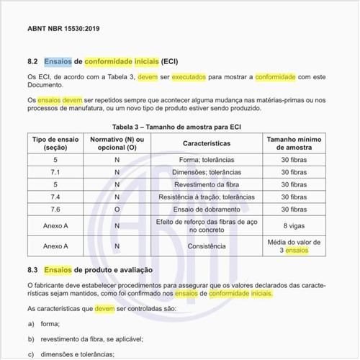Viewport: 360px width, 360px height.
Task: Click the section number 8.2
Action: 32,63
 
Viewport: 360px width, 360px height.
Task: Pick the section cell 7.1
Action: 55,172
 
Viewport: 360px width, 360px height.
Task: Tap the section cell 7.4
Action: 55,197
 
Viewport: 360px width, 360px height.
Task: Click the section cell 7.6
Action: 55,209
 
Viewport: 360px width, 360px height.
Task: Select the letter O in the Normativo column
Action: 117,209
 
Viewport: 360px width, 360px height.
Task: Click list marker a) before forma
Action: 31,324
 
